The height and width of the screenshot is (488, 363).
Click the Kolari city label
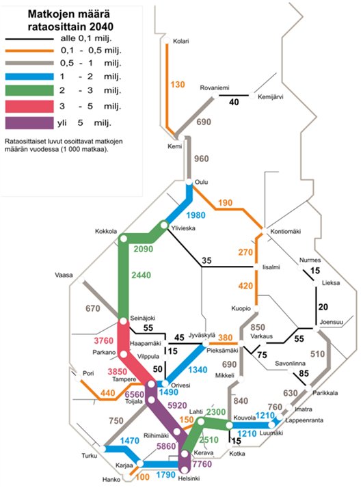point(180,41)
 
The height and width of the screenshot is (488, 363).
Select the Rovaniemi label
point(213,88)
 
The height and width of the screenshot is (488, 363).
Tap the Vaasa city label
point(64,276)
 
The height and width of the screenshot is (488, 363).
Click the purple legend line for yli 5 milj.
point(40,123)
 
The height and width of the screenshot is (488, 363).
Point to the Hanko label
point(110,480)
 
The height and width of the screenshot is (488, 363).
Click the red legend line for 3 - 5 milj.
point(40,106)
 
